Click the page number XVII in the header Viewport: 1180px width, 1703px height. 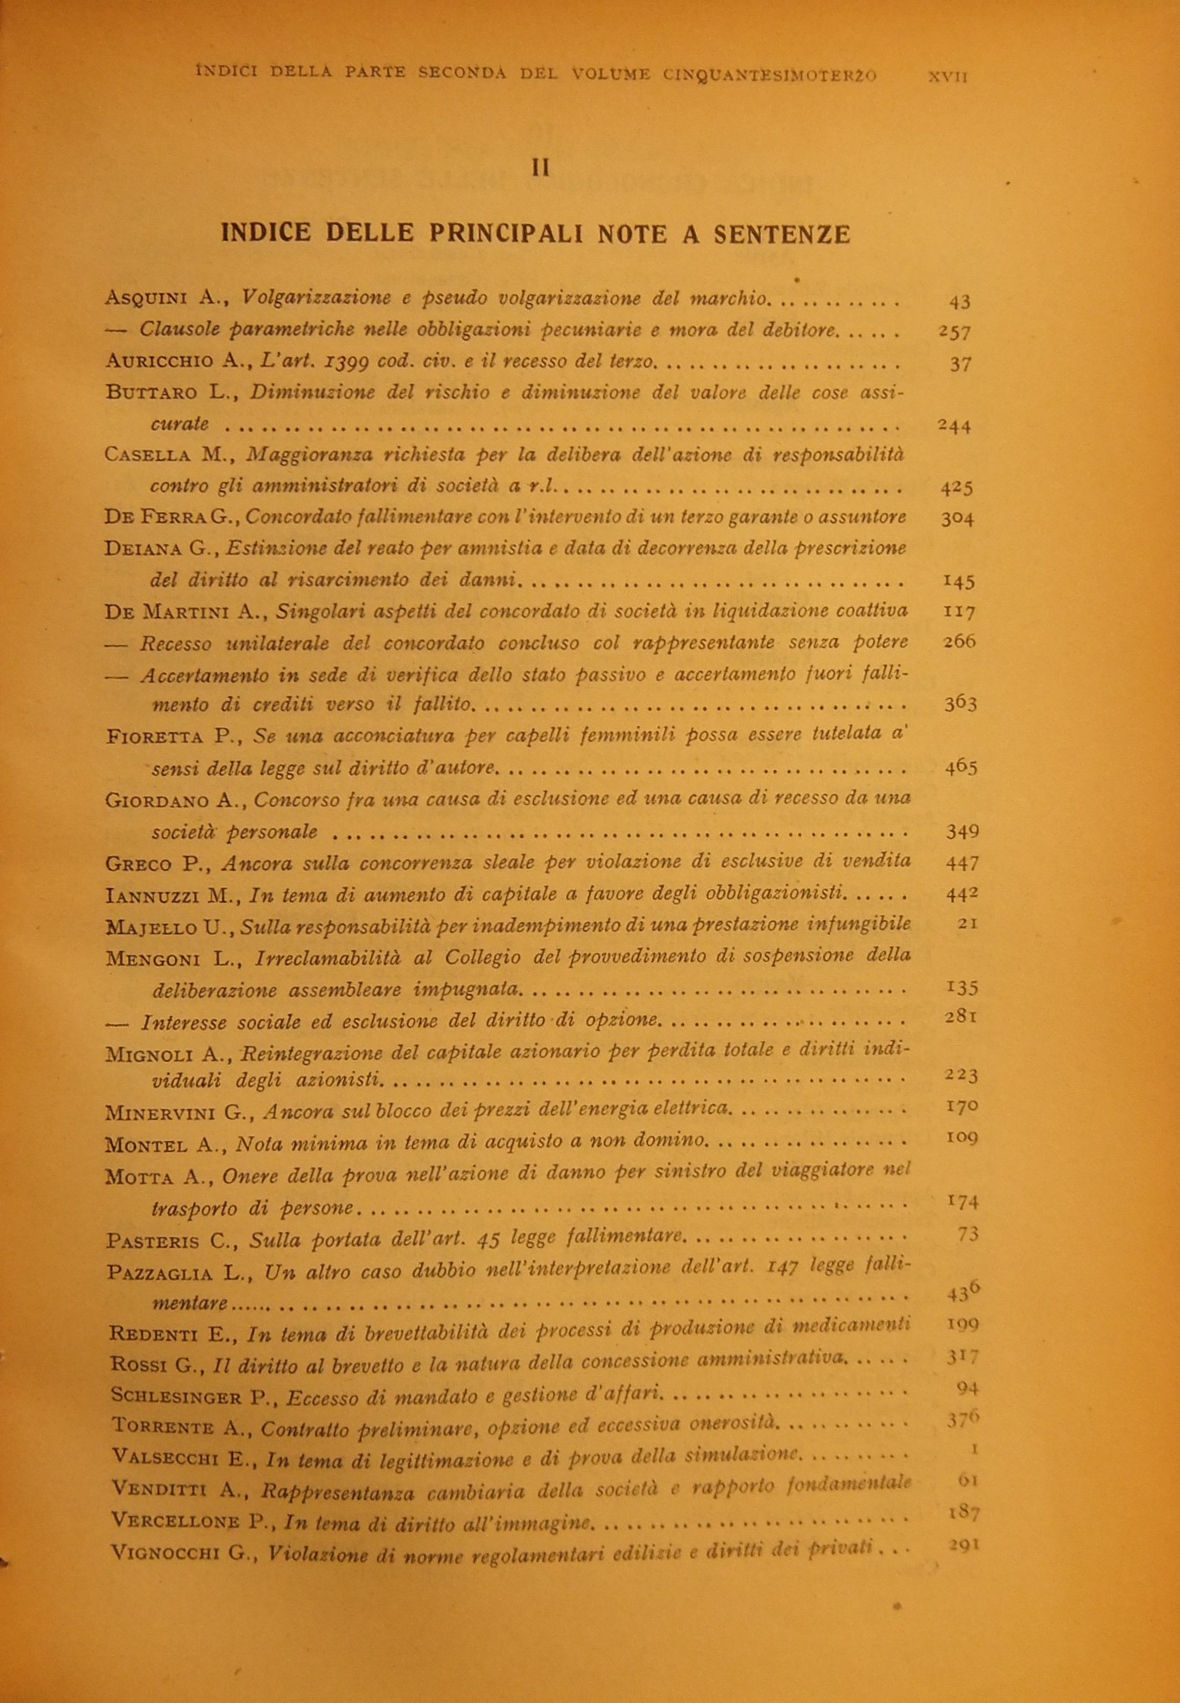947,76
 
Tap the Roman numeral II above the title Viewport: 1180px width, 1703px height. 541,167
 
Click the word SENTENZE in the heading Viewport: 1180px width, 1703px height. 781,235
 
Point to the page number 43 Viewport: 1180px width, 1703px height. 959,302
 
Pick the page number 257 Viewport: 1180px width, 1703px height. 955,332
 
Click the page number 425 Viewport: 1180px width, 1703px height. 957,487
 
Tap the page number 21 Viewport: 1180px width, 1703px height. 967,924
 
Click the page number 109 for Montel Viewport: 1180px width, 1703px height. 961,1137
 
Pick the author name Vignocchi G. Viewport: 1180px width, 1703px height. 184,1553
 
